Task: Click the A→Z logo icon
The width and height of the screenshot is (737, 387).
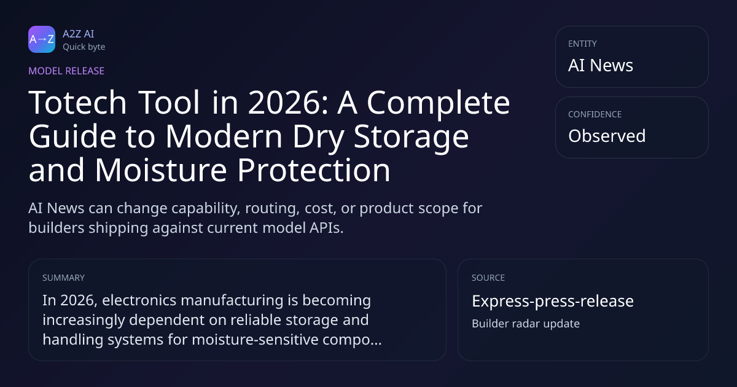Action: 42,39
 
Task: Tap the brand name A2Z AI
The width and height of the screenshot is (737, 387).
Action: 79,34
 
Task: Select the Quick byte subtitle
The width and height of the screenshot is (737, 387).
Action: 84,47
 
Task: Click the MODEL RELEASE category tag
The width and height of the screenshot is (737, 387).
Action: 66,71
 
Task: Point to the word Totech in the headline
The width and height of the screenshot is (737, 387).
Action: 77,103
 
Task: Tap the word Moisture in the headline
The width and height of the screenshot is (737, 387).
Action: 161,170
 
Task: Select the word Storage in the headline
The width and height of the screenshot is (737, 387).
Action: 411,137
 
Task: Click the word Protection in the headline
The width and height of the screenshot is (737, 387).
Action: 314,170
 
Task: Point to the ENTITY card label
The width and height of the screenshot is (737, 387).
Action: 582,44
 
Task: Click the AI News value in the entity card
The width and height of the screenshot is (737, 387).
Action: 601,65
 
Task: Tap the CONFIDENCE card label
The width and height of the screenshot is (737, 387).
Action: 595,114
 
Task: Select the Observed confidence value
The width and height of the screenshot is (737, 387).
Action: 607,136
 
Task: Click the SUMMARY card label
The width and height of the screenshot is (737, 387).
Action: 63,278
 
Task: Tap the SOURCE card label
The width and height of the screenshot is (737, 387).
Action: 488,278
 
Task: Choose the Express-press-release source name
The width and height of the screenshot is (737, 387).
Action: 553,301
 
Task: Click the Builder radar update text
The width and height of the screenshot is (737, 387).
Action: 526,324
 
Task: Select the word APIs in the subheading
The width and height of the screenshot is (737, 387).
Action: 326,228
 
